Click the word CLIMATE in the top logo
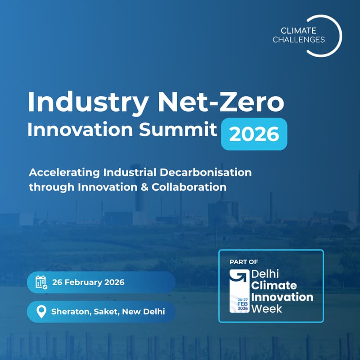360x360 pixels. [x=299, y=31]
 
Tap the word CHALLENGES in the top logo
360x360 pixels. [x=305, y=40]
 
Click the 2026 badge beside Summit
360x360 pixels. [x=254, y=134]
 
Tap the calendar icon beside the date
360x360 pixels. [x=41, y=283]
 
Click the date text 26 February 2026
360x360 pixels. [x=88, y=283]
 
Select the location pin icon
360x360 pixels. [x=41, y=311]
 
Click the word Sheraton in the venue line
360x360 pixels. [x=69, y=311]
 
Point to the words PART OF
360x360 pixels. [x=243, y=262]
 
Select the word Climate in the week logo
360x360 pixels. [x=274, y=286]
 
